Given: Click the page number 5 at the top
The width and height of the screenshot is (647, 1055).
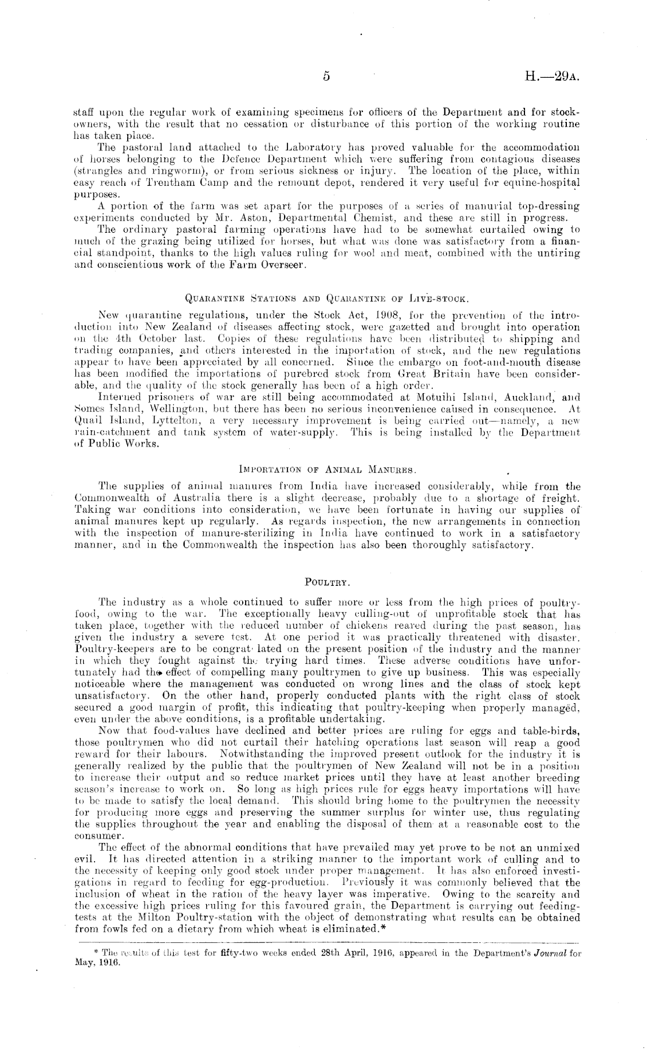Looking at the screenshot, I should (x=326, y=77).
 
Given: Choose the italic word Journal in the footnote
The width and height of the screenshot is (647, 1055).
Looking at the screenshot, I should (x=549, y=953).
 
